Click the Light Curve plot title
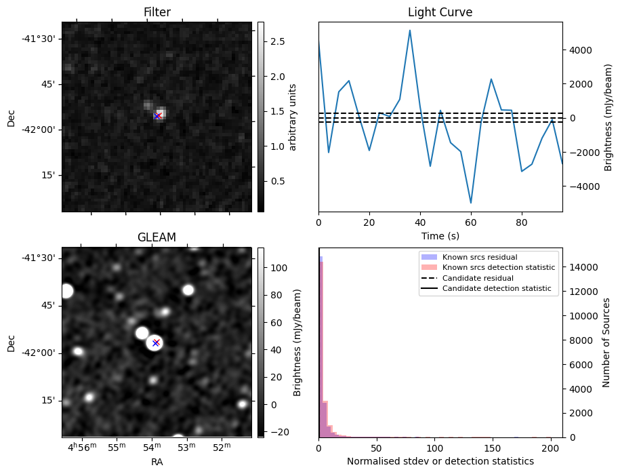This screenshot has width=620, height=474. (440, 12)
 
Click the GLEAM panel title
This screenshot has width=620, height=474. (157, 237)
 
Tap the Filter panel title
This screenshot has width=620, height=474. (157, 12)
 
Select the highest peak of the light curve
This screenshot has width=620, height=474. (410, 30)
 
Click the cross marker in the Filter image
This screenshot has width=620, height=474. (157, 116)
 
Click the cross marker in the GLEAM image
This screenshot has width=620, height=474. (156, 343)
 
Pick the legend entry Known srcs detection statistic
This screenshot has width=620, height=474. (498, 268)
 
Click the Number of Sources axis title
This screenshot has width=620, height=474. (607, 342)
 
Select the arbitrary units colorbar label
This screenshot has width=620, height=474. (293, 117)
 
